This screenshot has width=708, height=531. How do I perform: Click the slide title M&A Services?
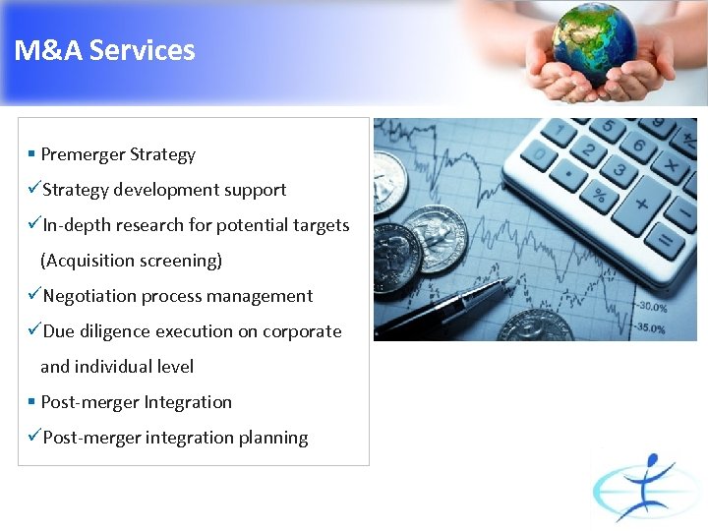click(x=105, y=51)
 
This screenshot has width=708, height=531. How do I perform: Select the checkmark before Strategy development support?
click(x=34, y=189)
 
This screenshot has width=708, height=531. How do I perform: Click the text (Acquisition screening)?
click(x=131, y=261)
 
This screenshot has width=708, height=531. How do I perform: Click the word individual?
click(x=116, y=367)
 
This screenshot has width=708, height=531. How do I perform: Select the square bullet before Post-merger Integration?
click(x=32, y=402)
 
